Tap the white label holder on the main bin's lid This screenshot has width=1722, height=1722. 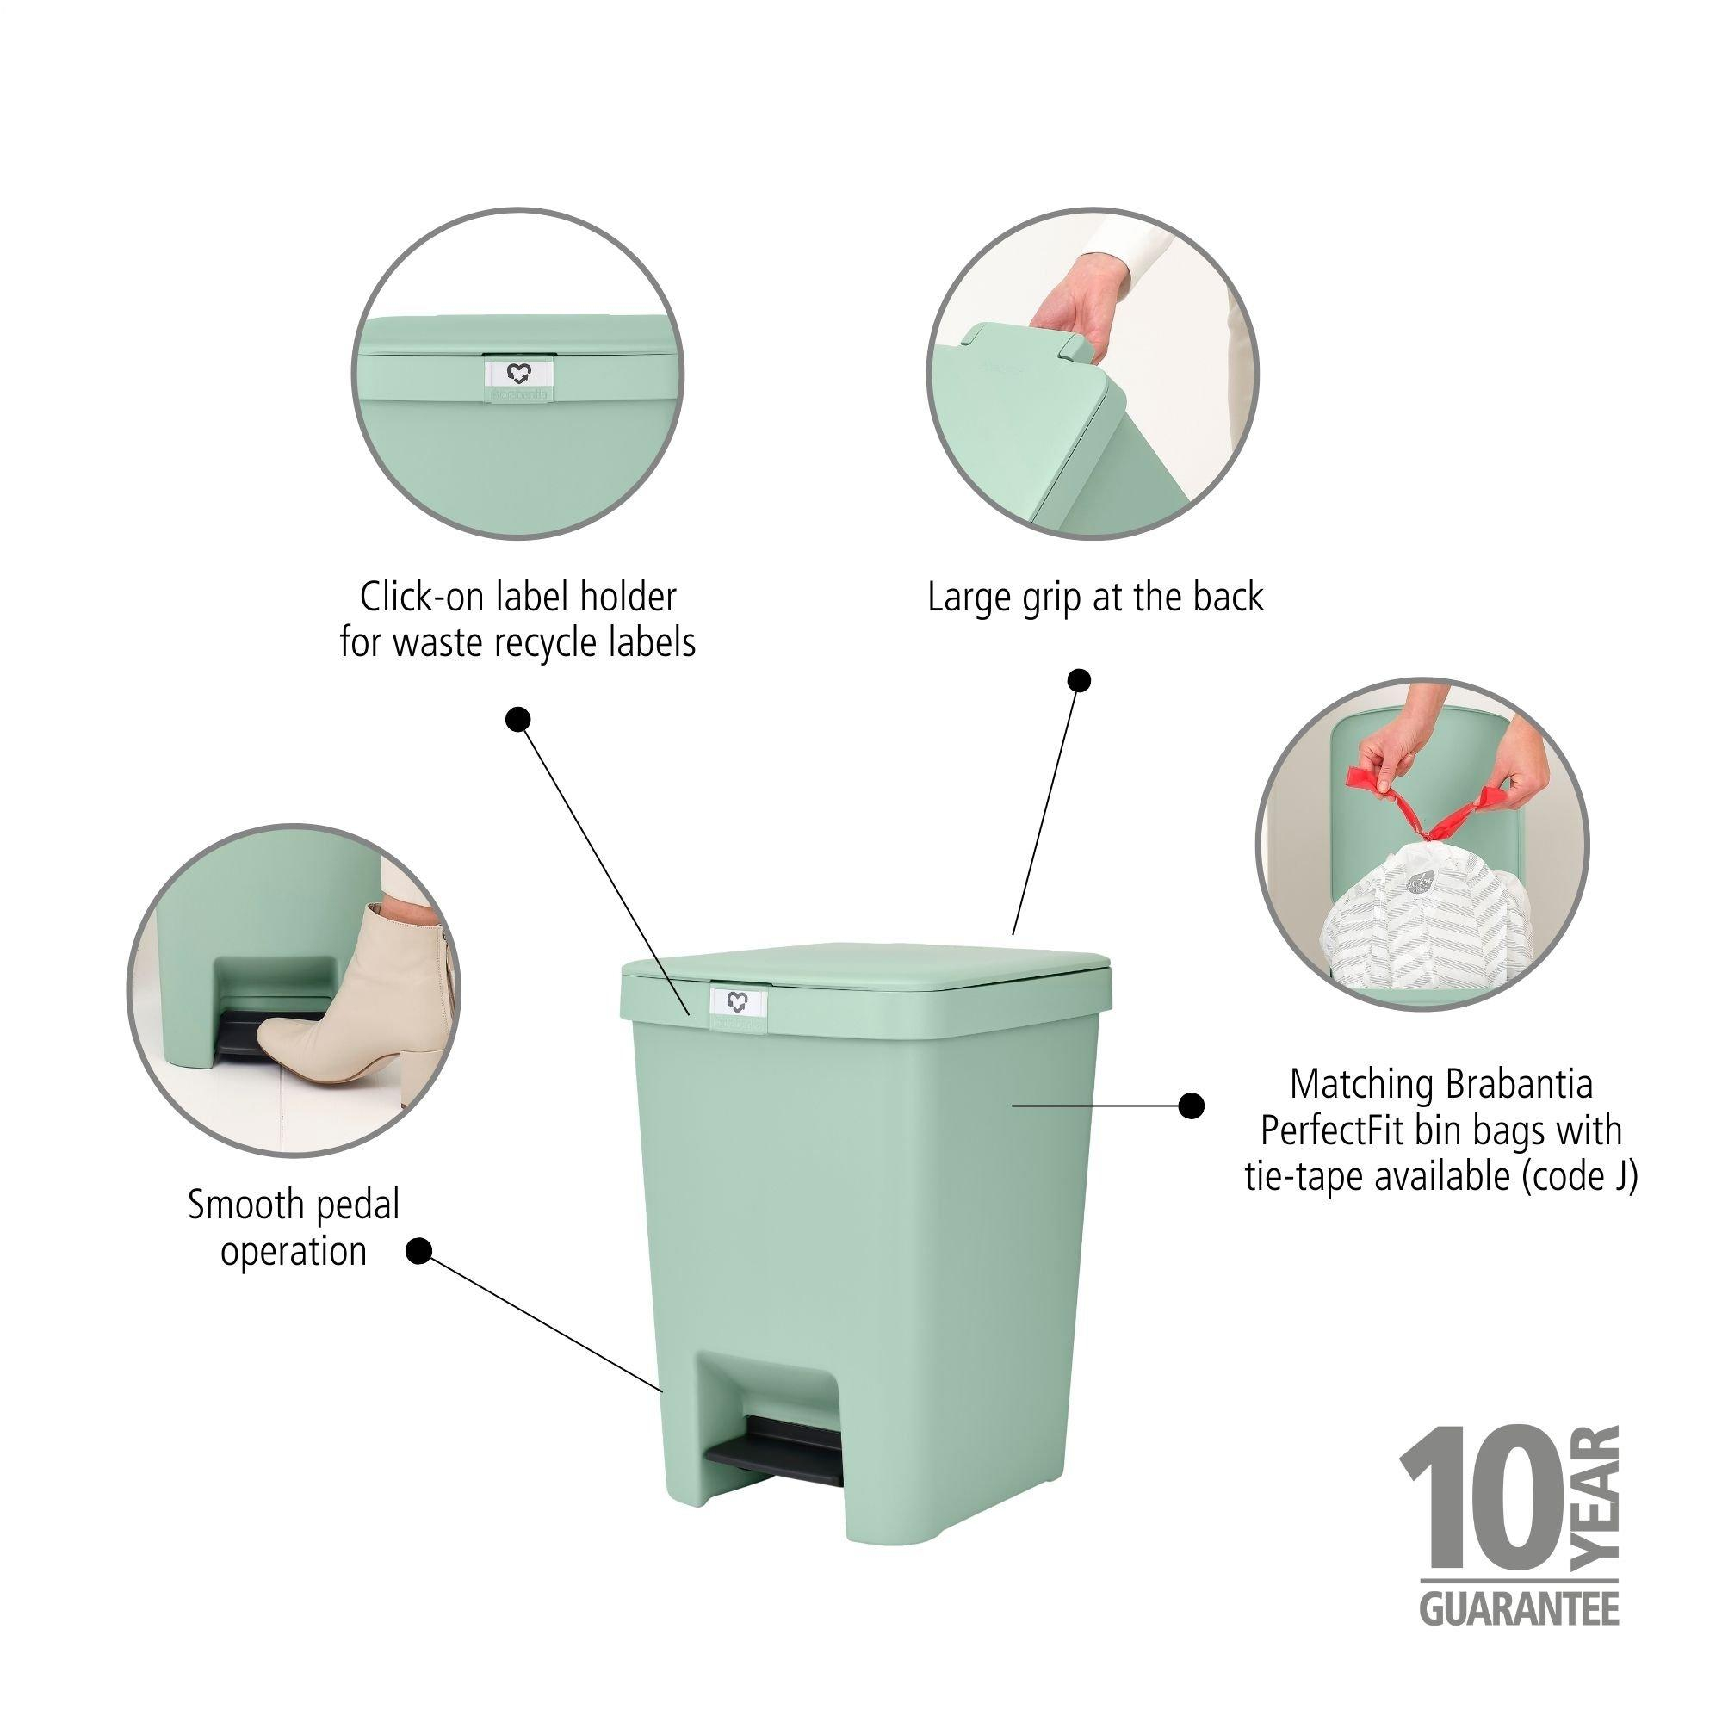coord(739,1003)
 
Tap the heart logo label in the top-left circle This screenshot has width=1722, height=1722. coord(517,373)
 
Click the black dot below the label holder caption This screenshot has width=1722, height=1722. coord(517,719)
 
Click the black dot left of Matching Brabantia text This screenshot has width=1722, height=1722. coord(1190,1106)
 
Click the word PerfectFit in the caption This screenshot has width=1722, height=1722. coord(1331,1131)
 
